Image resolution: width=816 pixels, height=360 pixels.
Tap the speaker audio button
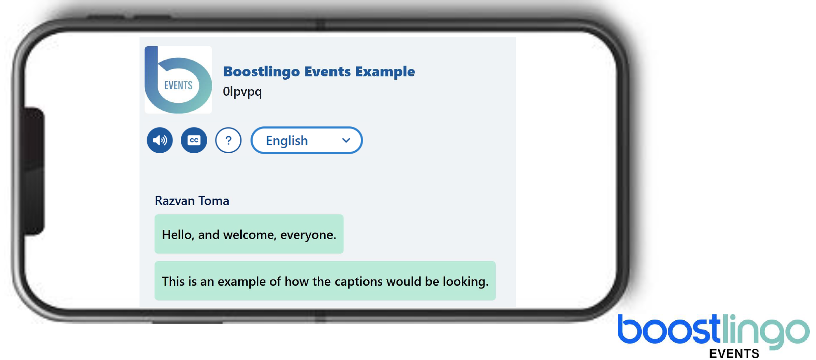pyautogui.click(x=160, y=140)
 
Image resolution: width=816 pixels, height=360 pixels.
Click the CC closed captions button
pyautogui.click(x=194, y=140)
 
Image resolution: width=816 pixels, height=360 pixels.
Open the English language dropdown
pyautogui.click(x=307, y=140)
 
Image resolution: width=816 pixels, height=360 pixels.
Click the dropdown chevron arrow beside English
pyautogui.click(x=346, y=140)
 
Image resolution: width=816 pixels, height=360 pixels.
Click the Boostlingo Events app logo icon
pyautogui.click(x=178, y=80)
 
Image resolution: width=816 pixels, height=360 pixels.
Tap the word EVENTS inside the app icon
pyautogui.click(x=178, y=85)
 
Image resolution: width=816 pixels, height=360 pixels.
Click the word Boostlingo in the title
pyautogui.click(x=261, y=72)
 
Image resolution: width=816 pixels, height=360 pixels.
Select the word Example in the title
pyautogui.click(x=385, y=72)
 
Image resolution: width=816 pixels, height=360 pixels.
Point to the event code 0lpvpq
pyautogui.click(x=242, y=92)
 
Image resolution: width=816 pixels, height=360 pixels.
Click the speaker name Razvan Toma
pyautogui.click(x=192, y=201)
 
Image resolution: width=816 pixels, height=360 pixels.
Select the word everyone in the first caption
pyautogui.click(x=308, y=235)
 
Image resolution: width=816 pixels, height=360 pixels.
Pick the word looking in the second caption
pyautogui.click(x=466, y=282)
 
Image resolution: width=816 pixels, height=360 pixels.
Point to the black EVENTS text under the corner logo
pyautogui.click(x=734, y=354)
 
